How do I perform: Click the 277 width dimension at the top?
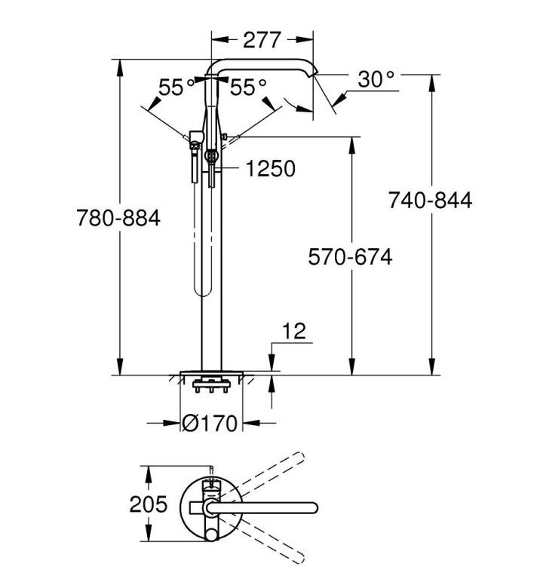(262, 40)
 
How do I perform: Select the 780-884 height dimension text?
(118, 218)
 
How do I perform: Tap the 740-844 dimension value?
(430, 201)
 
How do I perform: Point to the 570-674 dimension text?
(350, 257)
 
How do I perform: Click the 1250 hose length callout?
(271, 169)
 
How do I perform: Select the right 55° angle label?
(248, 87)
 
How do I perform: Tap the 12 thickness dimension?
(294, 331)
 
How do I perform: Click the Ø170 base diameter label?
(210, 424)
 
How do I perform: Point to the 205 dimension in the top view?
(149, 504)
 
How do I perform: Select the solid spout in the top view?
(262, 507)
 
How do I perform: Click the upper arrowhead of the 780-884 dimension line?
(120, 68)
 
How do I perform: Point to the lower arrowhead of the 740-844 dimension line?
(431, 366)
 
